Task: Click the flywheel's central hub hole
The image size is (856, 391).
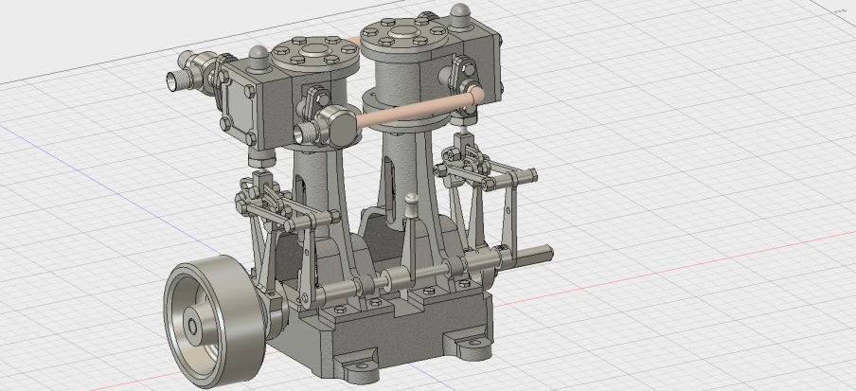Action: pyautogui.click(x=193, y=327)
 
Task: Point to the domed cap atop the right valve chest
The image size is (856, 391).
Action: pyautogui.click(x=460, y=13)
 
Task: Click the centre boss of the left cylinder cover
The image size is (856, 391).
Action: pyautogui.click(x=312, y=47)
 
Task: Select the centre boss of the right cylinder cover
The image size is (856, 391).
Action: pyautogui.click(x=398, y=34)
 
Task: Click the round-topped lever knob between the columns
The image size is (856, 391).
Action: pyautogui.click(x=411, y=200)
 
